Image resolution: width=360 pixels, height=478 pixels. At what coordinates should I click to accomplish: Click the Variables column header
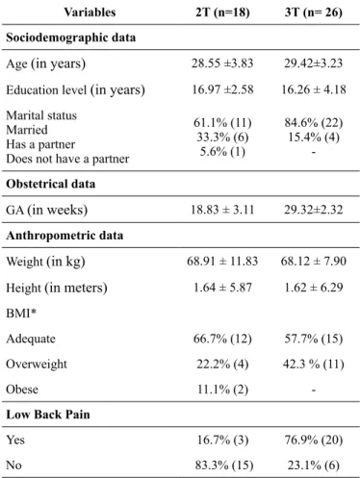(x=90, y=13)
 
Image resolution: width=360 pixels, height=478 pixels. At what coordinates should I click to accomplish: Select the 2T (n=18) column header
(x=222, y=13)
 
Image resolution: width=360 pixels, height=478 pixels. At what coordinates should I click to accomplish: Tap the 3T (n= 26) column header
(x=314, y=13)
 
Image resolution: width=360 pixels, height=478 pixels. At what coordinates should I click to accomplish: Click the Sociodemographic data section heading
(x=71, y=38)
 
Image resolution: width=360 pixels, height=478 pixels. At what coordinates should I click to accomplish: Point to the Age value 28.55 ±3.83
(x=222, y=63)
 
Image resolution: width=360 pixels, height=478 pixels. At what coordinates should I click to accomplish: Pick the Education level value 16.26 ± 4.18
(x=314, y=89)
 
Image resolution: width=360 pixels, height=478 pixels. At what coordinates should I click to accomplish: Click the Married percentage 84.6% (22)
(x=314, y=122)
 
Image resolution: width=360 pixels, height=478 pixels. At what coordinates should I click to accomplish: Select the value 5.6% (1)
(x=222, y=151)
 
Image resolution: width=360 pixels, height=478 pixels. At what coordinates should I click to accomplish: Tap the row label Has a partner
(x=40, y=144)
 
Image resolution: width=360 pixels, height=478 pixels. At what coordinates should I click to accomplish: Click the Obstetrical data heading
(x=51, y=184)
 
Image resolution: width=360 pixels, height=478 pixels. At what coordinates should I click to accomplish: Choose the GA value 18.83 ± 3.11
(x=222, y=210)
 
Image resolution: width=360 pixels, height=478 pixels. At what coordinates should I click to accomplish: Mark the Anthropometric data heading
(x=64, y=236)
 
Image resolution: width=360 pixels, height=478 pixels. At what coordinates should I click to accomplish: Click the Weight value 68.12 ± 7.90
(x=314, y=261)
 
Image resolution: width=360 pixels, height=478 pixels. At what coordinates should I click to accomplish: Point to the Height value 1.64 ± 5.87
(x=222, y=288)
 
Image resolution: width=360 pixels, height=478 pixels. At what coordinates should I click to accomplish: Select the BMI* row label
(x=21, y=313)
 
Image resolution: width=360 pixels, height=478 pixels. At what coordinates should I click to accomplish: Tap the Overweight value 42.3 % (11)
(x=314, y=365)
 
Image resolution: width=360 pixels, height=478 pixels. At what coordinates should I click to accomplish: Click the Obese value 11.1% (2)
(x=222, y=390)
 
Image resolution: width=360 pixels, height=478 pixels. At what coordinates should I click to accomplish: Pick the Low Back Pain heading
(x=48, y=415)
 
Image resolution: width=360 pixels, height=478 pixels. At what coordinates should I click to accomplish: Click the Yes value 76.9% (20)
(x=314, y=440)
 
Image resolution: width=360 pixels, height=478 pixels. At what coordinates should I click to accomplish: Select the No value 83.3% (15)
(x=224, y=465)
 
